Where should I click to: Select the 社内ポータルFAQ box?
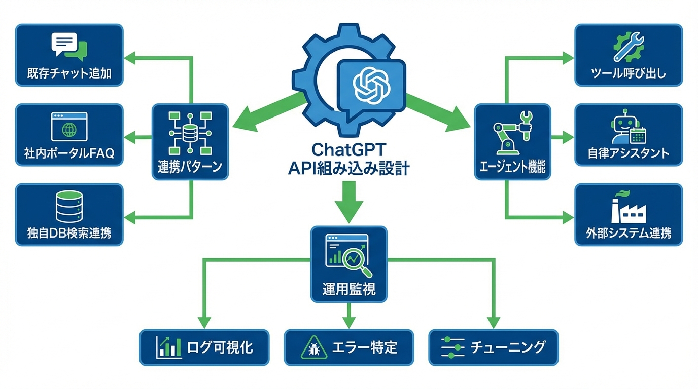coord(69,135)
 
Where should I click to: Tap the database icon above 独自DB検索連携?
coord(69,206)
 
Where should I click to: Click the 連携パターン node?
coord(190,141)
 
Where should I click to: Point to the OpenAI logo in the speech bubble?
coord(371,85)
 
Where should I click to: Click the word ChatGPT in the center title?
coord(348,149)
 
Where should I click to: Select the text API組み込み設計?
coord(348,169)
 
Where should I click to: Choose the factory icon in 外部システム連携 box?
coord(628,207)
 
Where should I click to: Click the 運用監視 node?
coord(348,264)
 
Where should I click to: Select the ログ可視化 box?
coord(204,347)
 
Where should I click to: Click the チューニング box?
coord(493,347)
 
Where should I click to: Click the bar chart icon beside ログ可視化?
coord(169,347)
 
